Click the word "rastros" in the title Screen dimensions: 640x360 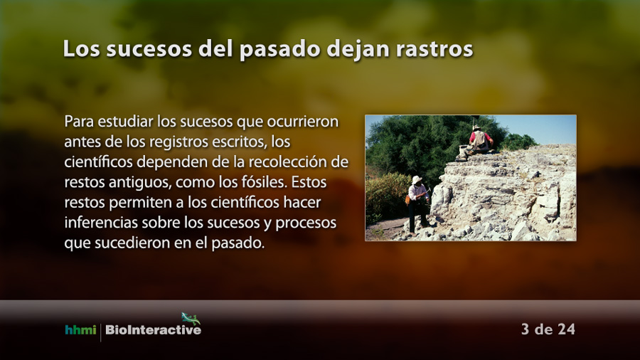[434, 49]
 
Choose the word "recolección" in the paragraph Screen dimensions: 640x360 [287, 162]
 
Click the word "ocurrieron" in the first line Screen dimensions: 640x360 [302, 121]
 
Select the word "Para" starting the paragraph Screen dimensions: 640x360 [79, 121]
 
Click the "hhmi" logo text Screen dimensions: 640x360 [80, 329]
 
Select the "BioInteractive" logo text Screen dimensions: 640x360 [153, 330]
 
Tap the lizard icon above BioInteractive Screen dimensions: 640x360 [190, 318]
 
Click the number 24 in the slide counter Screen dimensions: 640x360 [566, 329]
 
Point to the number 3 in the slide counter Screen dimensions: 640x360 [526, 329]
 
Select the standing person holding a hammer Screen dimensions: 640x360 [418, 203]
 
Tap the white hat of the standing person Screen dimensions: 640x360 [417, 179]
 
